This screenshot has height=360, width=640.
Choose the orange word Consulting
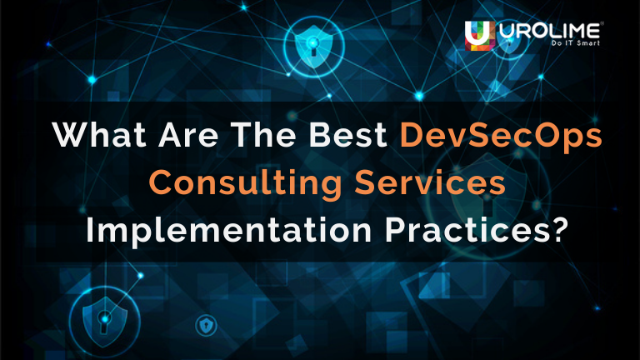point(230,182)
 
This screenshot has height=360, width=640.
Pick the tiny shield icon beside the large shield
point(202,324)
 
